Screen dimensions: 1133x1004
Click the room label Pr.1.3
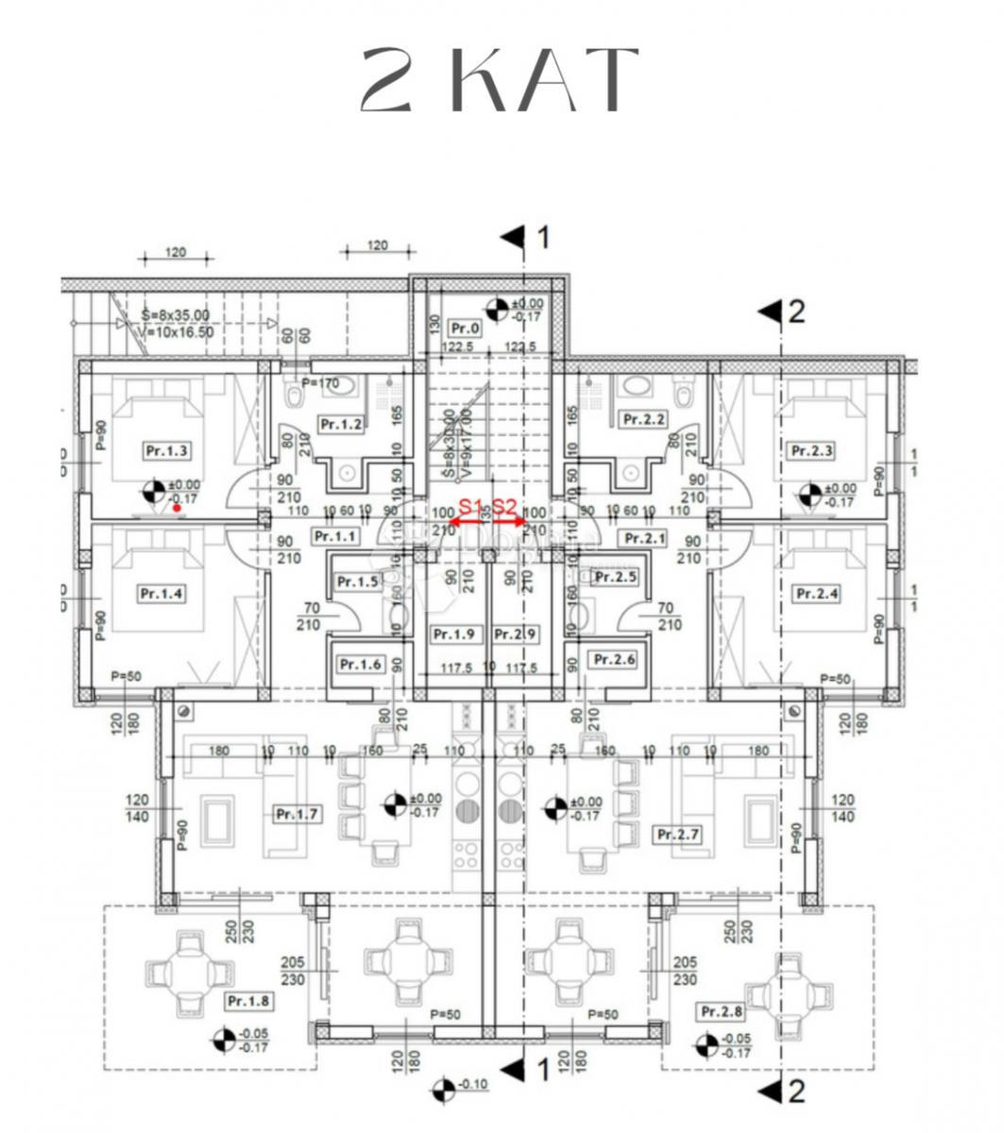point(166,450)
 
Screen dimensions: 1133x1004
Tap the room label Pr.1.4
point(161,594)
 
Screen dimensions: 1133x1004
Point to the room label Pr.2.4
point(817,594)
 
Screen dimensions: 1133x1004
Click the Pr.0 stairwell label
point(465,330)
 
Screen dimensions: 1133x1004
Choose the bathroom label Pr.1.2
point(342,424)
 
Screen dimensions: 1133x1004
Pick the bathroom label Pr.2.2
point(642,419)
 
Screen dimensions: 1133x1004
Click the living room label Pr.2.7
point(677,835)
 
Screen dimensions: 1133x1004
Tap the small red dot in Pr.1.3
point(178,508)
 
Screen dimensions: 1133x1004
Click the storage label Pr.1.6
point(359,665)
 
